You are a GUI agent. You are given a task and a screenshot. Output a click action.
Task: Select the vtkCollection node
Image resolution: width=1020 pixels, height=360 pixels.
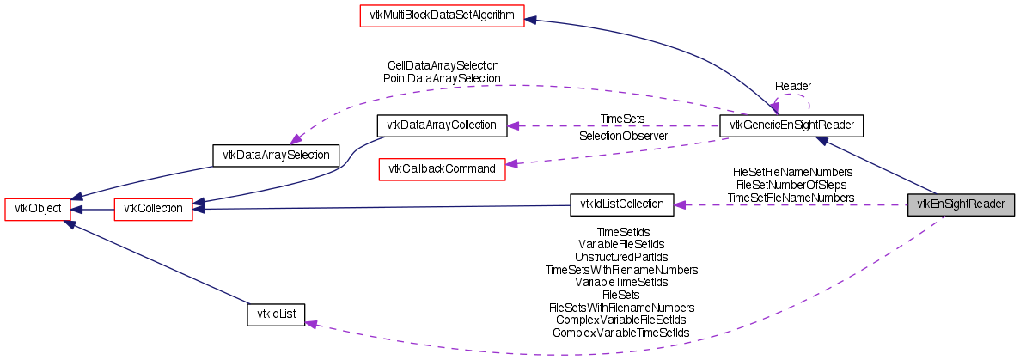point(153,209)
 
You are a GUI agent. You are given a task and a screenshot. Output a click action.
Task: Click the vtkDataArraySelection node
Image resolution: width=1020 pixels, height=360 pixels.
point(276,156)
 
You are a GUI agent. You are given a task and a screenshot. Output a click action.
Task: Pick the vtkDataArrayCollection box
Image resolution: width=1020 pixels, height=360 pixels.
point(442,125)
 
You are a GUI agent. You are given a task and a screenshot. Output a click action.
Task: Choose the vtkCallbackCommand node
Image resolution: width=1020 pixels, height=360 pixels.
point(442,168)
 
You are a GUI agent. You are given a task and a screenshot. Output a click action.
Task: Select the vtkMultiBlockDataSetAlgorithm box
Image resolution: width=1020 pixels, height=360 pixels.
point(441,16)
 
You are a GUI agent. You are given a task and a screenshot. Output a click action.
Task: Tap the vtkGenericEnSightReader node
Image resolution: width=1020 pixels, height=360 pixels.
point(791,125)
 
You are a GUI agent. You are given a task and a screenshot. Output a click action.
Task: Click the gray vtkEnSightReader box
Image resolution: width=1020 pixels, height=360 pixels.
point(962,204)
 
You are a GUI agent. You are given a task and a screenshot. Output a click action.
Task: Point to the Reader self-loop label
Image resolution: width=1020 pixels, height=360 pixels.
point(793,87)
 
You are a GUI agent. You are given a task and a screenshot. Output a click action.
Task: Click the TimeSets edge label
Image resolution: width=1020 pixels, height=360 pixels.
point(622,119)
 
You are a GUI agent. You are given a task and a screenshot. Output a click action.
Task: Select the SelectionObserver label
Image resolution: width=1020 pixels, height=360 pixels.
point(623,137)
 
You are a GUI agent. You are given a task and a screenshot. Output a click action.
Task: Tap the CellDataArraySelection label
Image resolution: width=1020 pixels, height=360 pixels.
point(443,65)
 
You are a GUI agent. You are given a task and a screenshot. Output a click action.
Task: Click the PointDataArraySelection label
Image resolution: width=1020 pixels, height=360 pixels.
point(442,78)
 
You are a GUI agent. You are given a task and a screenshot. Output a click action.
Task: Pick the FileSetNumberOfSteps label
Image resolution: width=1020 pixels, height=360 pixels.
point(791,185)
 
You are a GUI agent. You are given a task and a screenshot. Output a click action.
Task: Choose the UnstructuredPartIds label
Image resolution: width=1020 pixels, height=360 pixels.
point(621,257)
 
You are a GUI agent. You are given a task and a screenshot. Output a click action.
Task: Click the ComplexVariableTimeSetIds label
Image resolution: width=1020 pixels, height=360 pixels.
point(620,333)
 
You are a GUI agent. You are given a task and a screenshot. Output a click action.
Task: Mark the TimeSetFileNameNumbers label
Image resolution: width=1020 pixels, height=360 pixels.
point(791,198)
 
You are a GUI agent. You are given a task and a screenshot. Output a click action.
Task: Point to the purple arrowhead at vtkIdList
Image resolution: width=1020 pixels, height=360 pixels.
point(311,324)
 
